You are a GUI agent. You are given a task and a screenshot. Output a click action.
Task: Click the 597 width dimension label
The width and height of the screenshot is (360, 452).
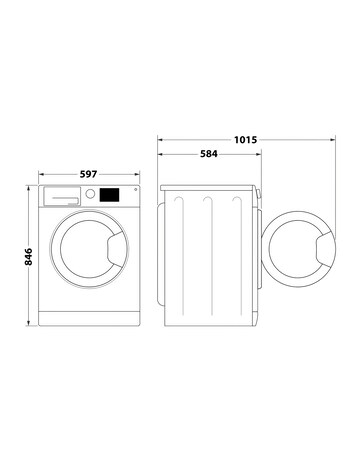89,174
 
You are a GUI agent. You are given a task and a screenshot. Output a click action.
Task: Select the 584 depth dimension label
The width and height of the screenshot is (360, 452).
208,153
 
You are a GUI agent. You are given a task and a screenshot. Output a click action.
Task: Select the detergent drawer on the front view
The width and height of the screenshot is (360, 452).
60,196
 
